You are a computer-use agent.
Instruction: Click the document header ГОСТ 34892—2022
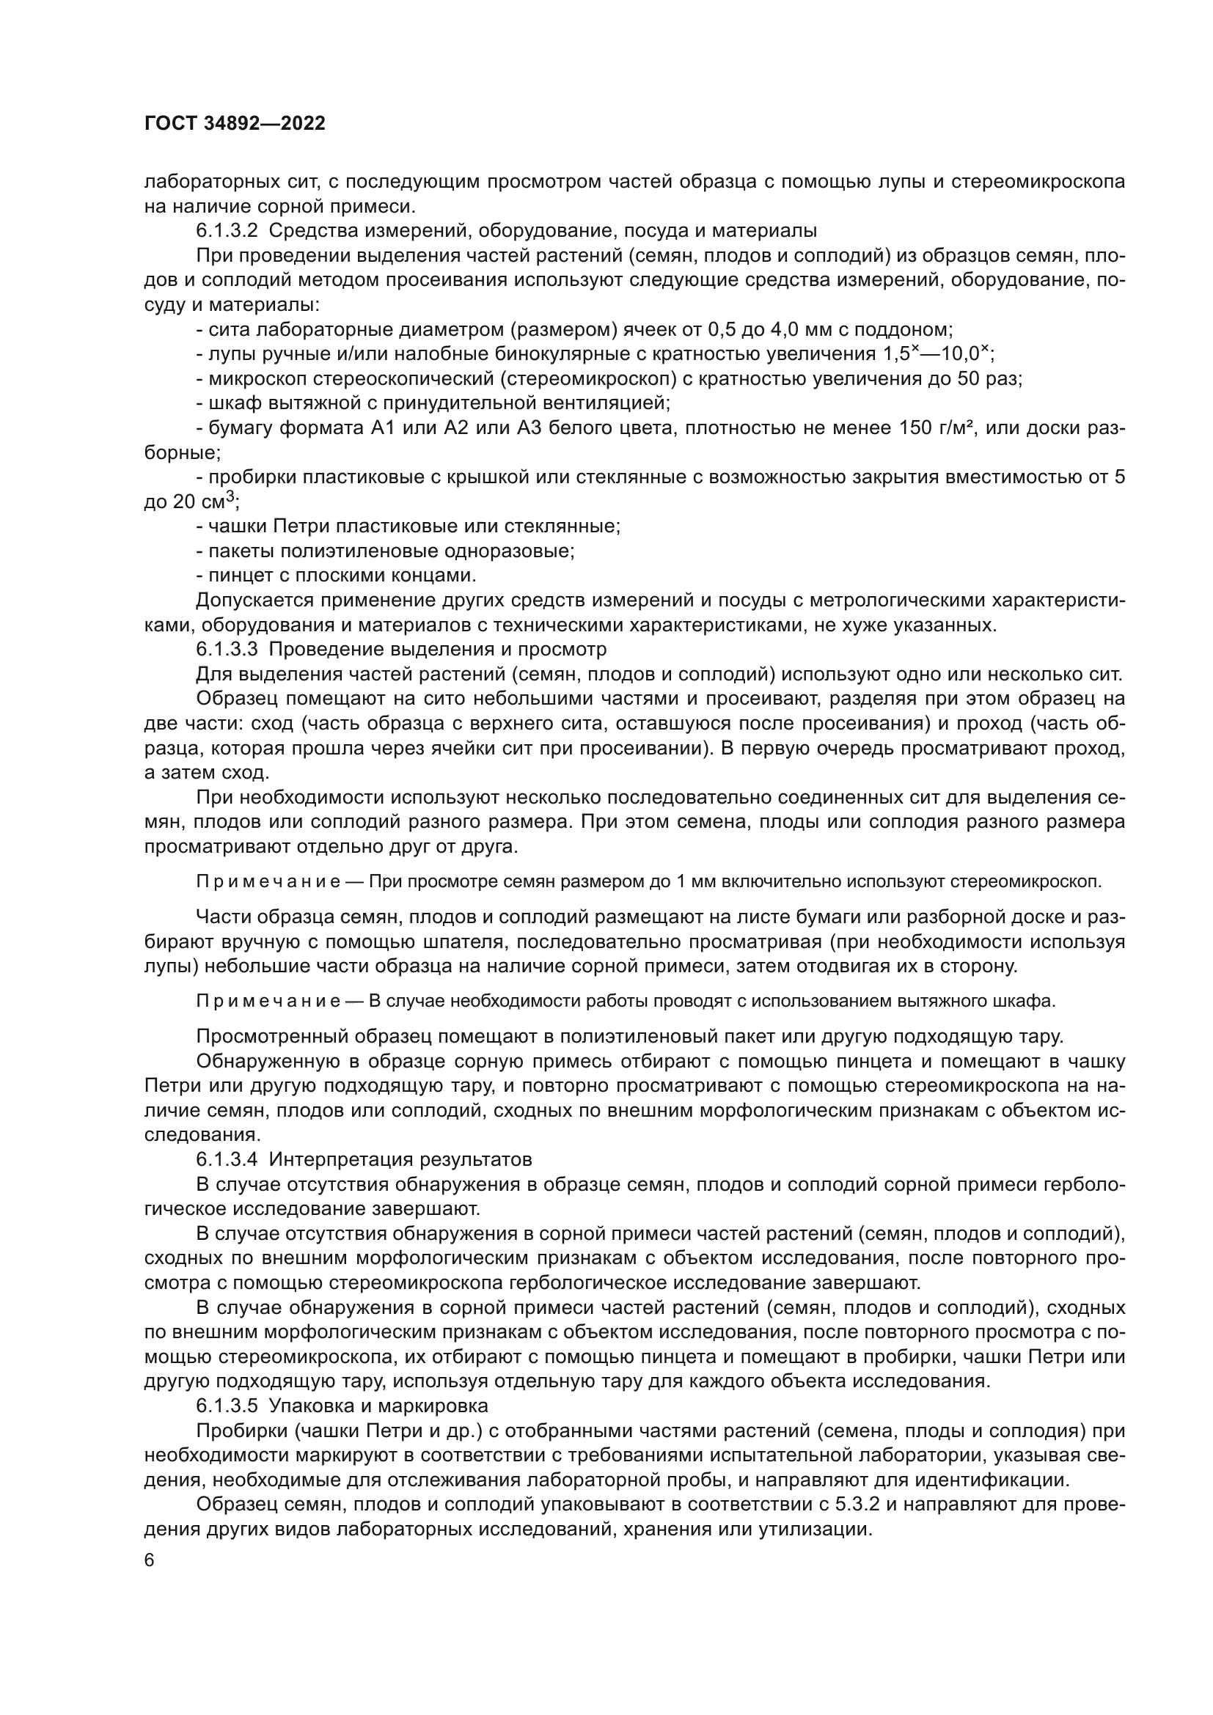coord(235,124)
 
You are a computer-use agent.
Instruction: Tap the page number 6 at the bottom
coord(150,1560)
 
